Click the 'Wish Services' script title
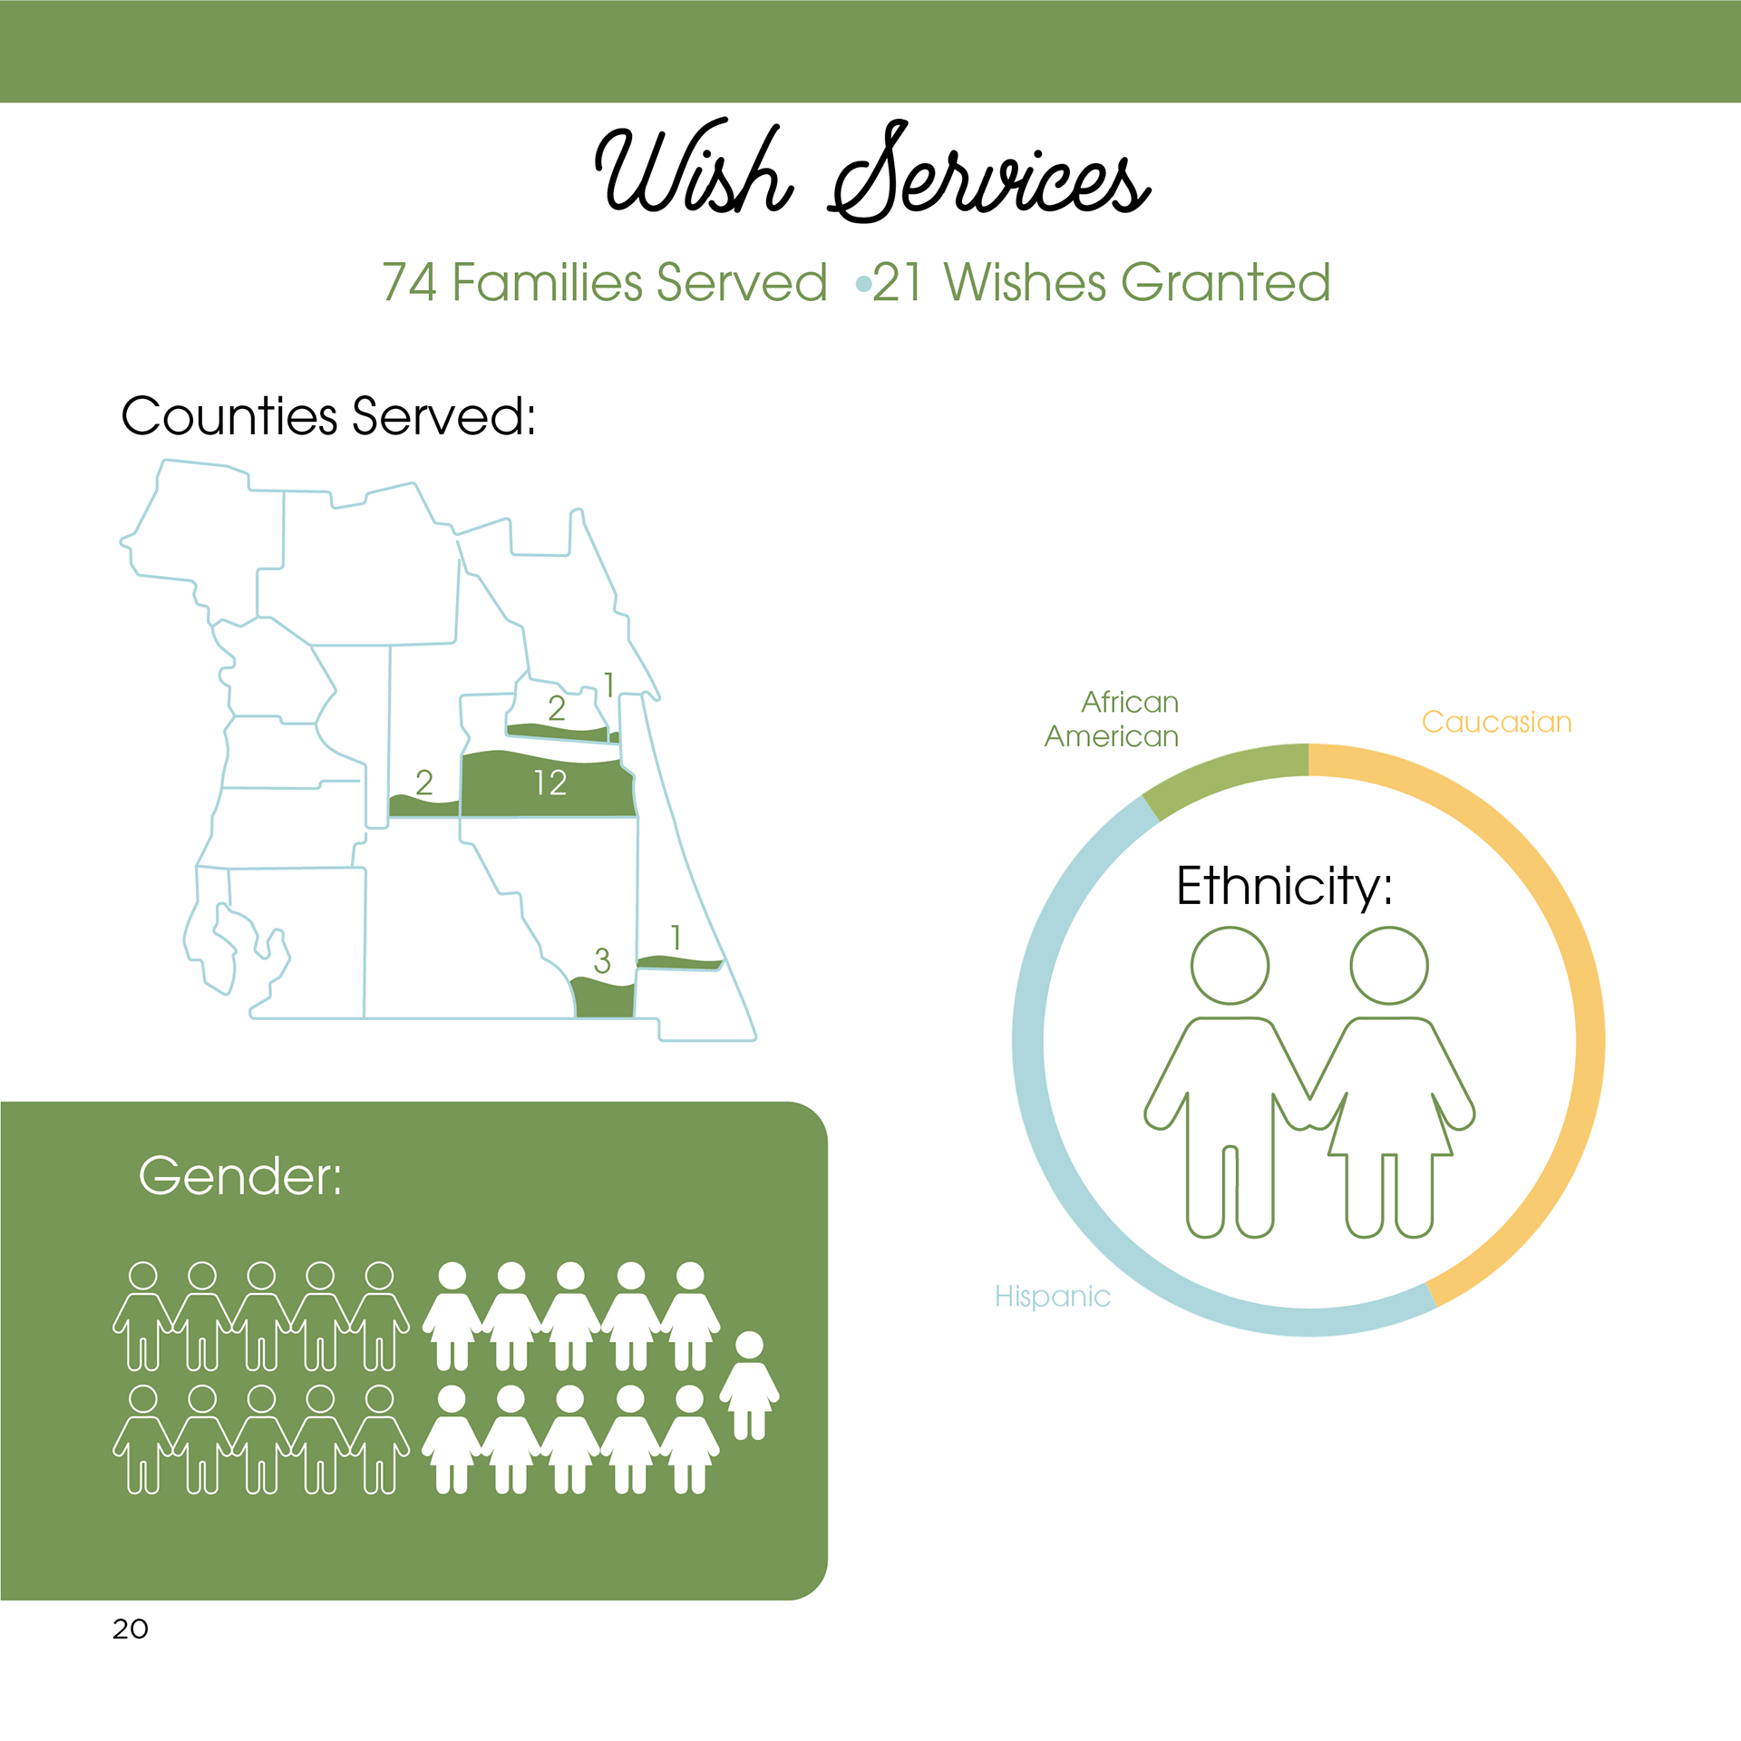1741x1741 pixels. pos(872,172)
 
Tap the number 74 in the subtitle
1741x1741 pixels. pos(409,282)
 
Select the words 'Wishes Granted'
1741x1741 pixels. pos(1137,282)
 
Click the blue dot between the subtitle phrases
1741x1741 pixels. pos(863,285)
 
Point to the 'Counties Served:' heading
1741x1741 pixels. pos(328,416)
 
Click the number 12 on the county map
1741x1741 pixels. pos(550,783)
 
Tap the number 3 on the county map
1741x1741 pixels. pos(602,961)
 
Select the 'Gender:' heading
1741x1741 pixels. pos(240,1176)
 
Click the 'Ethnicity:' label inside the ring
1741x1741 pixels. pos(1284,886)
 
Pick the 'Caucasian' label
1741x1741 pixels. pos(1496,723)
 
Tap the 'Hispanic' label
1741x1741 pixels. pos(1052,1297)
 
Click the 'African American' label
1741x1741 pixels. pos(1114,719)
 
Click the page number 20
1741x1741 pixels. pos(131,1629)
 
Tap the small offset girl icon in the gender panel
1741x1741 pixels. pos(749,1385)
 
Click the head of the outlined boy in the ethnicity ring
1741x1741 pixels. pos(1230,966)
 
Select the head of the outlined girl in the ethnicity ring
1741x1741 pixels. pos(1388,966)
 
